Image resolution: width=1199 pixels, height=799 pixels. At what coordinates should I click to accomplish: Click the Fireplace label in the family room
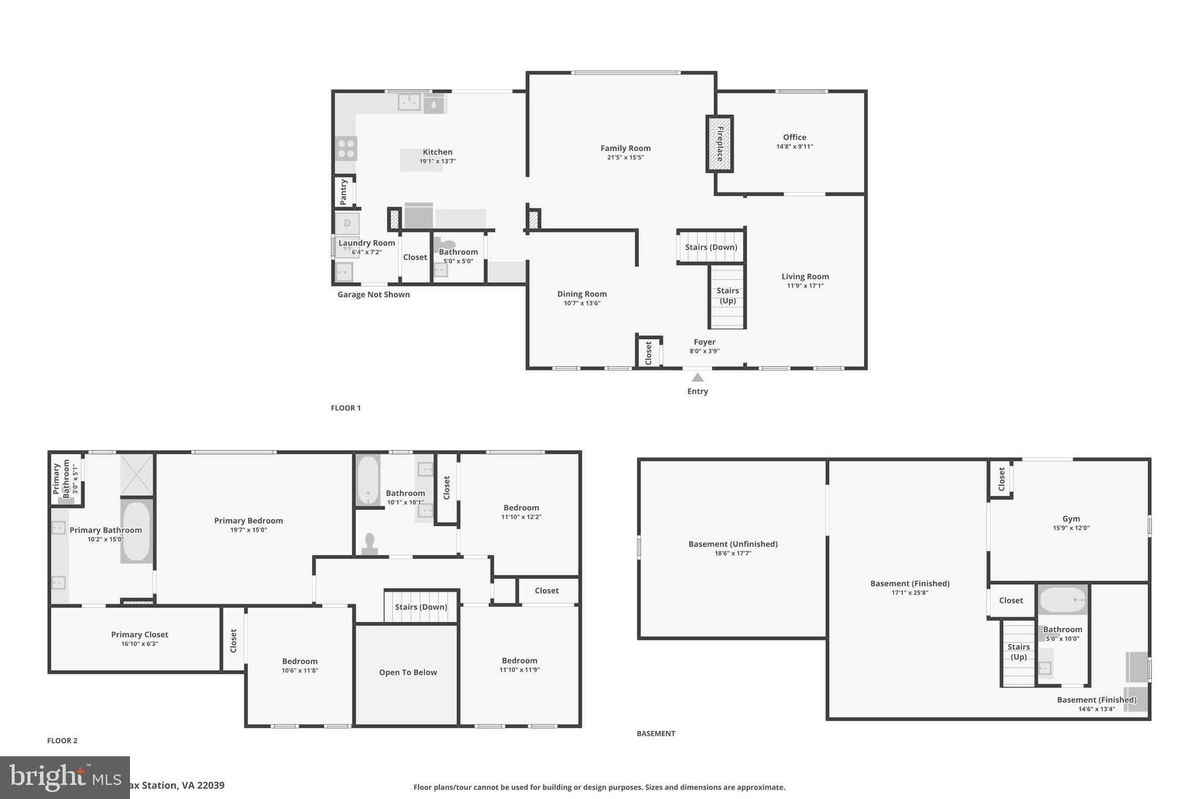720,143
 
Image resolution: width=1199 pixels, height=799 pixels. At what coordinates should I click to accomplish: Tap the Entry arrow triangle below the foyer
697,378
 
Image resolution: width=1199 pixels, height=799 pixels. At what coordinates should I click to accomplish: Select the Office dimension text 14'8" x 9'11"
794,147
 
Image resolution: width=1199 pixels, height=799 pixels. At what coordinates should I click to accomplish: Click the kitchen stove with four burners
346,149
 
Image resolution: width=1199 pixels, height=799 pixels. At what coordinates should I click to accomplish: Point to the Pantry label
344,191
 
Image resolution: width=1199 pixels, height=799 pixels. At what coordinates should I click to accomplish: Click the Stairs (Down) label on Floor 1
711,247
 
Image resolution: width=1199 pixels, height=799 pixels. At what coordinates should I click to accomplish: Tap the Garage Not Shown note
374,294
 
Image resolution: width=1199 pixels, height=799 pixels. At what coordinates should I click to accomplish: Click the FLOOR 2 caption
62,740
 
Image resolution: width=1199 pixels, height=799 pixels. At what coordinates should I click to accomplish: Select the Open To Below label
407,673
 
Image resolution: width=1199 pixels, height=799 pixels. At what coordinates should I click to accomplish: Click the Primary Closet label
139,635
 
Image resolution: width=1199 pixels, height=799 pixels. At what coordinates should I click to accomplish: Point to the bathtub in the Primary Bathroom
137,531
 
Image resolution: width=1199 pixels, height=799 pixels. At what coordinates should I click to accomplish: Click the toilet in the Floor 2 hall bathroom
369,544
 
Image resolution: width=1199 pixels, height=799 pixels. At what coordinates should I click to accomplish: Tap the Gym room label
1071,519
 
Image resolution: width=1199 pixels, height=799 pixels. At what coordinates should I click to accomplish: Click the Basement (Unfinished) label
732,544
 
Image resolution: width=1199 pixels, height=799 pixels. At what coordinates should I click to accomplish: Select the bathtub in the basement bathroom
1062,600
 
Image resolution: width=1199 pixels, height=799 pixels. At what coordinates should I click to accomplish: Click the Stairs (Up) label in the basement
1018,651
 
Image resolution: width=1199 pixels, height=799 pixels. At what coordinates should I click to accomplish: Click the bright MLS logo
64,777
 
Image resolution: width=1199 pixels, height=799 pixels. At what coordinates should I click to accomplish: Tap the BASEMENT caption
656,733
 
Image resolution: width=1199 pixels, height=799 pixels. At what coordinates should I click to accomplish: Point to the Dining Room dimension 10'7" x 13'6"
581,303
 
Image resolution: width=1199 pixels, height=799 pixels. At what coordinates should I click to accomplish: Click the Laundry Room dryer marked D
347,223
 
